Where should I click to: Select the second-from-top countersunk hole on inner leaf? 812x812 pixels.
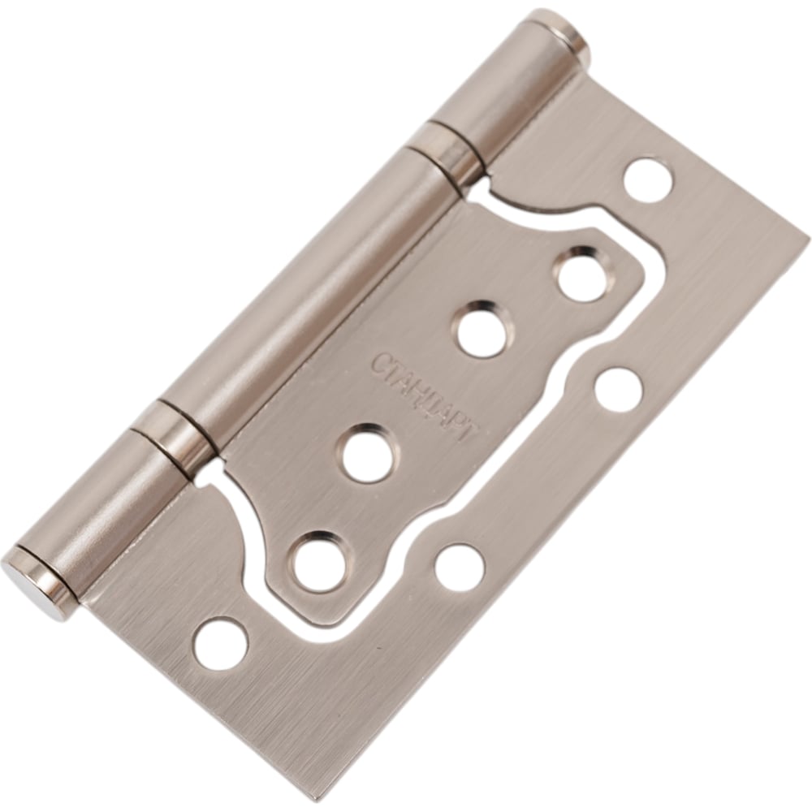(482, 330)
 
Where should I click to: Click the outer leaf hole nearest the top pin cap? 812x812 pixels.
(649, 183)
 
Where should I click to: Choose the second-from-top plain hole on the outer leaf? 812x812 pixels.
(620, 391)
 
